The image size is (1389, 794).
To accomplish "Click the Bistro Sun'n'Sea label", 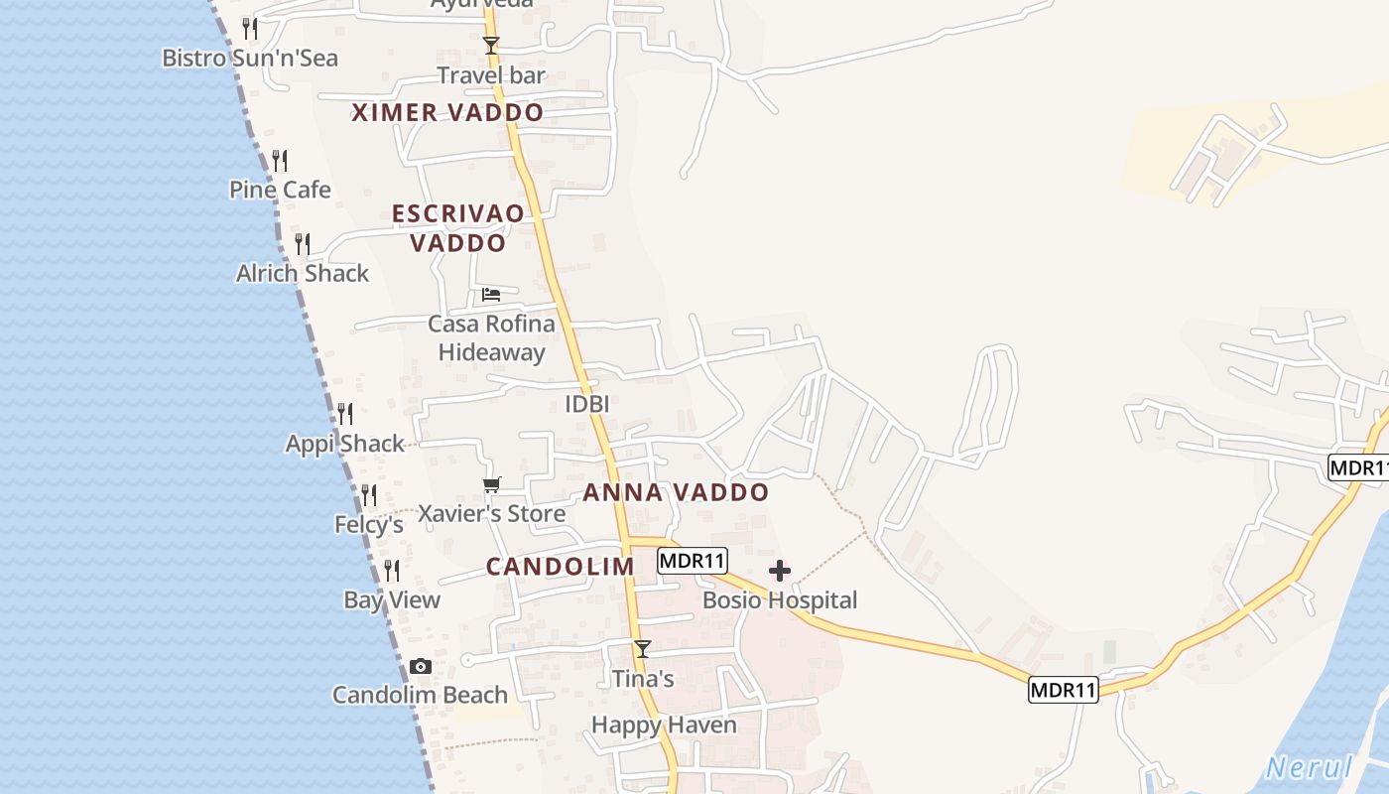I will tap(250, 58).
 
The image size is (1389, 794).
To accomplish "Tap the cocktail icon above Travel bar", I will tap(490, 45).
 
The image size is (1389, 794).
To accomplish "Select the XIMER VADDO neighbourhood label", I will tap(447, 112).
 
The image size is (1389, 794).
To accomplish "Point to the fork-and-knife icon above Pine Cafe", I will tap(280, 160).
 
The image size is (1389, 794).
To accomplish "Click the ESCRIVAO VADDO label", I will tap(458, 227).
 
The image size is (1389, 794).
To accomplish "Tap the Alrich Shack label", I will tap(303, 273).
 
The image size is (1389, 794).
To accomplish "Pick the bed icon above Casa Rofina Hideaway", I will tap(491, 295).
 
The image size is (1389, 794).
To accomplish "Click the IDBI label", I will tap(586, 404).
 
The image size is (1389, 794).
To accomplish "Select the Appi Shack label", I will tap(345, 444).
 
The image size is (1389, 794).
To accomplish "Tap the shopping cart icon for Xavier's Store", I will tap(491, 485).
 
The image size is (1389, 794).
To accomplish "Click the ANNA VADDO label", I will tap(676, 492).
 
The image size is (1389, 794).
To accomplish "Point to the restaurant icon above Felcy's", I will tap(368, 494).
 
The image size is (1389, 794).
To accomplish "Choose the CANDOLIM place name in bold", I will tap(560, 567).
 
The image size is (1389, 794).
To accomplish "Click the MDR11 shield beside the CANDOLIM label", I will tap(693, 562).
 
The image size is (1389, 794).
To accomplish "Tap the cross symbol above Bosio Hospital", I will tap(780, 571).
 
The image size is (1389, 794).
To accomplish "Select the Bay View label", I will tap(392, 599).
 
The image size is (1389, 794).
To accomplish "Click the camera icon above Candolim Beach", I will tap(421, 666).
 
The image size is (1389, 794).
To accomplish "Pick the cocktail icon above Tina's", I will tap(643, 649).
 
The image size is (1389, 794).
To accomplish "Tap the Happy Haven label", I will tap(664, 725).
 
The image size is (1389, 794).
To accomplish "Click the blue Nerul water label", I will tap(1310, 767).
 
